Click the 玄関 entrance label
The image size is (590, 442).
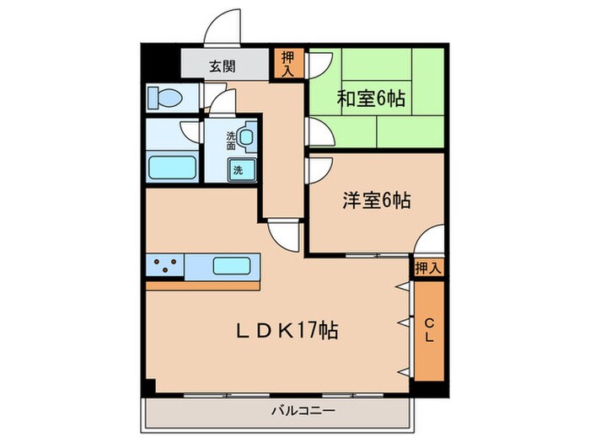click(x=223, y=66)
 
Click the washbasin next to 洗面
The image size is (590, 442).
click(x=245, y=137)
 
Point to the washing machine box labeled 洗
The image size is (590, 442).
click(x=239, y=169)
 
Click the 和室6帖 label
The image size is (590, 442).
click(x=372, y=99)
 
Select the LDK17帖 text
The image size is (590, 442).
click(x=287, y=331)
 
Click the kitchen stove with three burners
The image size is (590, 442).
click(x=166, y=267)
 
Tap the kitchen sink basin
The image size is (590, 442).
click(x=230, y=266)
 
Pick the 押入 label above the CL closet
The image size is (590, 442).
click(x=428, y=268)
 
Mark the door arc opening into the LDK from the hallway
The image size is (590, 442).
click(x=282, y=235)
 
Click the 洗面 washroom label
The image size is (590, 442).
click(x=231, y=140)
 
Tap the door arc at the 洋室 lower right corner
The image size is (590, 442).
click(x=430, y=240)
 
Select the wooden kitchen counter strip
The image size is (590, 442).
click(x=203, y=285)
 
